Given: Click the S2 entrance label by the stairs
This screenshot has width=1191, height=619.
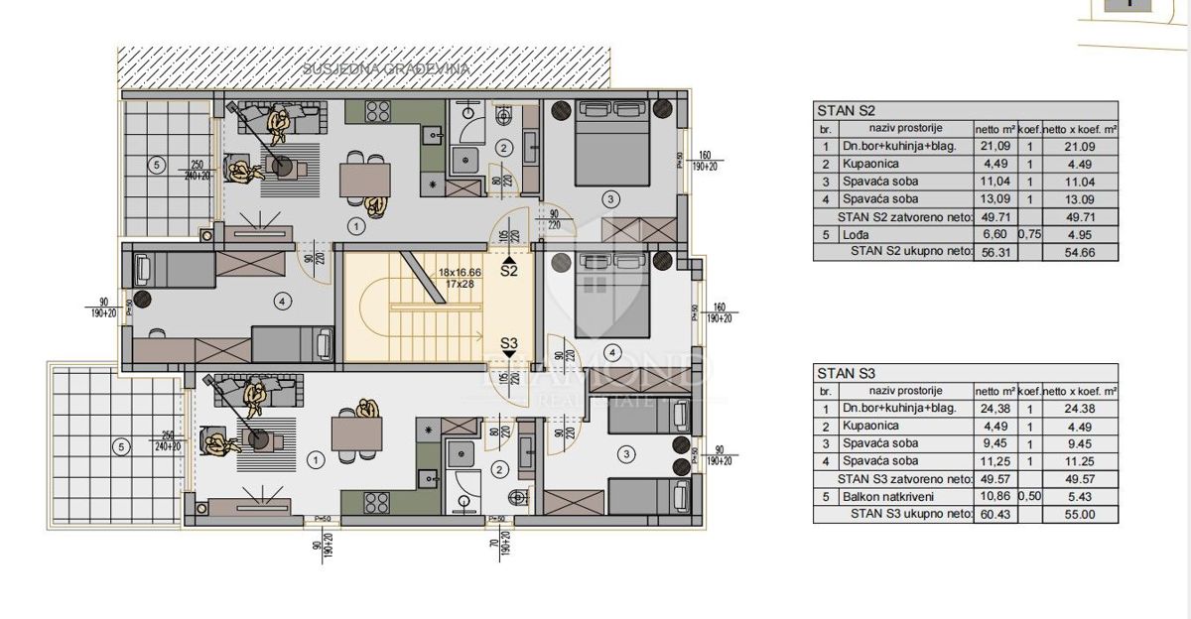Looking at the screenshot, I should click(509, 269).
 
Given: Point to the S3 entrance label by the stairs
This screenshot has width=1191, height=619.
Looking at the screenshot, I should click(509, 344).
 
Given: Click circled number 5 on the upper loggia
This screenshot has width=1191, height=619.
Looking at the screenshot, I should click(156, 165).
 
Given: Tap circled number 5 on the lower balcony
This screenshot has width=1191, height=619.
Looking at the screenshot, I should click(120, 447).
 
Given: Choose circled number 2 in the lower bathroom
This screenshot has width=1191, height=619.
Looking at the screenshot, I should click(500, 471).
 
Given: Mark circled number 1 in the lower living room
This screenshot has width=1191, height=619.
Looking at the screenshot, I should click(315, 460).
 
